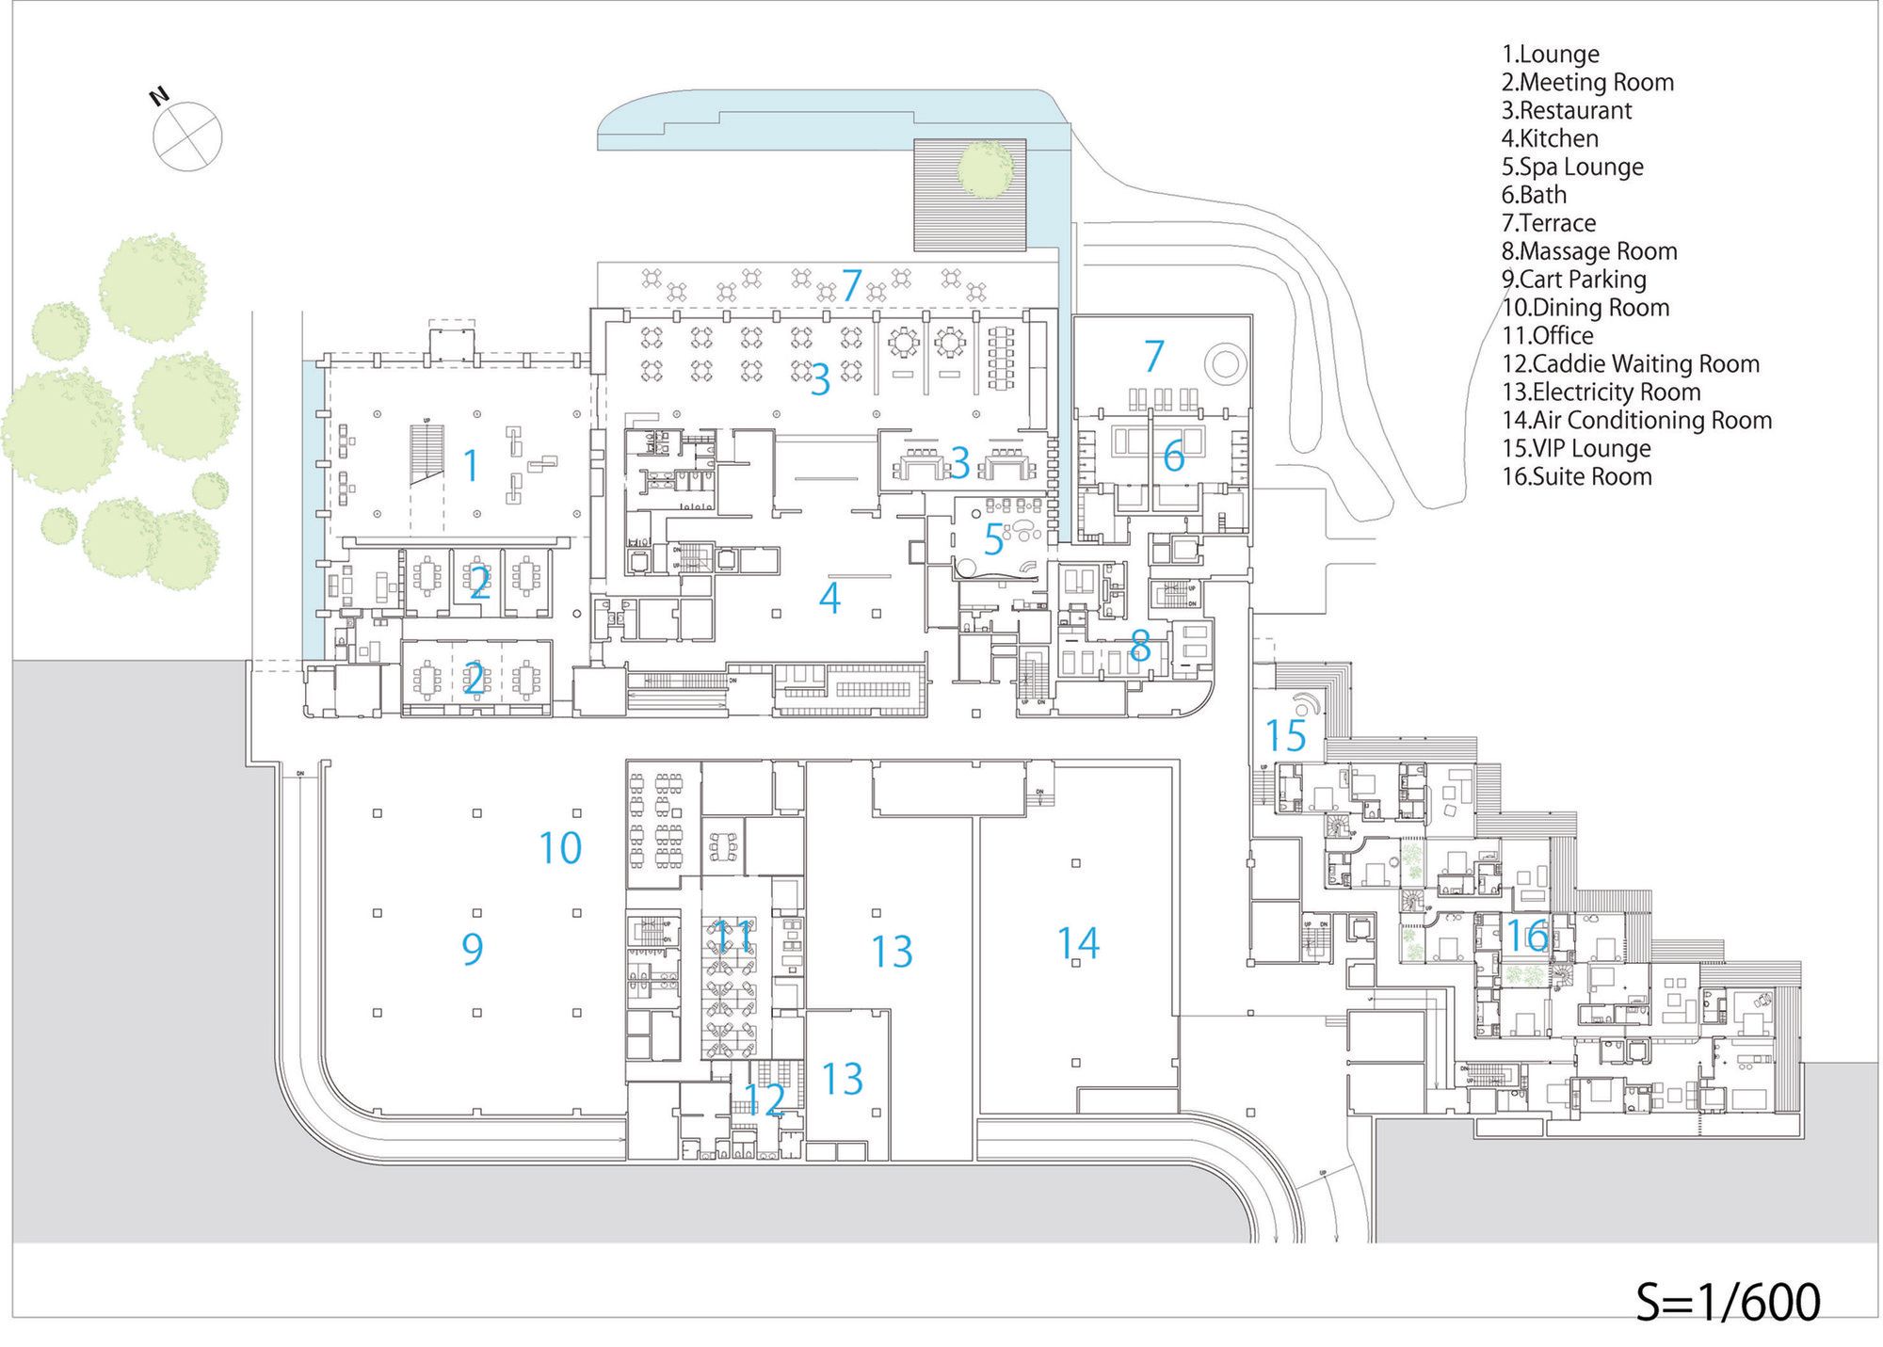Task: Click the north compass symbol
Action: pyautogui.click(x=187, y=136)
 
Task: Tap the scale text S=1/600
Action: pyautogui.click(x=1728, y=1302)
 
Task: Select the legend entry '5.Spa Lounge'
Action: pyautogui.click(x=1572, y=168)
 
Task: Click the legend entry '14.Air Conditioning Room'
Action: pyautogui.click(x=1636, y=421)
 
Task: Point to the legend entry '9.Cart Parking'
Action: pyautogui.click(x=1573, y=280)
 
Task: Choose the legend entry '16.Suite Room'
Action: pyautogui.click(x=1576, y=477)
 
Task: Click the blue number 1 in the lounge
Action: pyautogui.click(x=471, y=466)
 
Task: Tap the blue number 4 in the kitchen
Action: pyautogui.click(x=829, y=598)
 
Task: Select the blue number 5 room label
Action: pyautogui.click(x=994, y=539)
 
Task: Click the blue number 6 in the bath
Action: pyautogui.click(x=1173, y=457)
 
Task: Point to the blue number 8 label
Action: pyautogui.click(x=1140, y=646)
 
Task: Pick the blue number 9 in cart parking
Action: pyautogui.click(x=473, y=949)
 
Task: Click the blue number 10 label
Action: pyautogui.click(x=560, y=848)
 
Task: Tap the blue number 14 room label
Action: pyautogui.click(x=1078, y=943)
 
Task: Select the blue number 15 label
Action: pyautogui.click(x=1285, y=736)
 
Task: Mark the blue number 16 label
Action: pyautogui.click(x=1527, y=936)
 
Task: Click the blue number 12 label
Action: pyautogui.click(x=764, y=1099)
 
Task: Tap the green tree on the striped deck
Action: pyautogui.click(x=985, y=169)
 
